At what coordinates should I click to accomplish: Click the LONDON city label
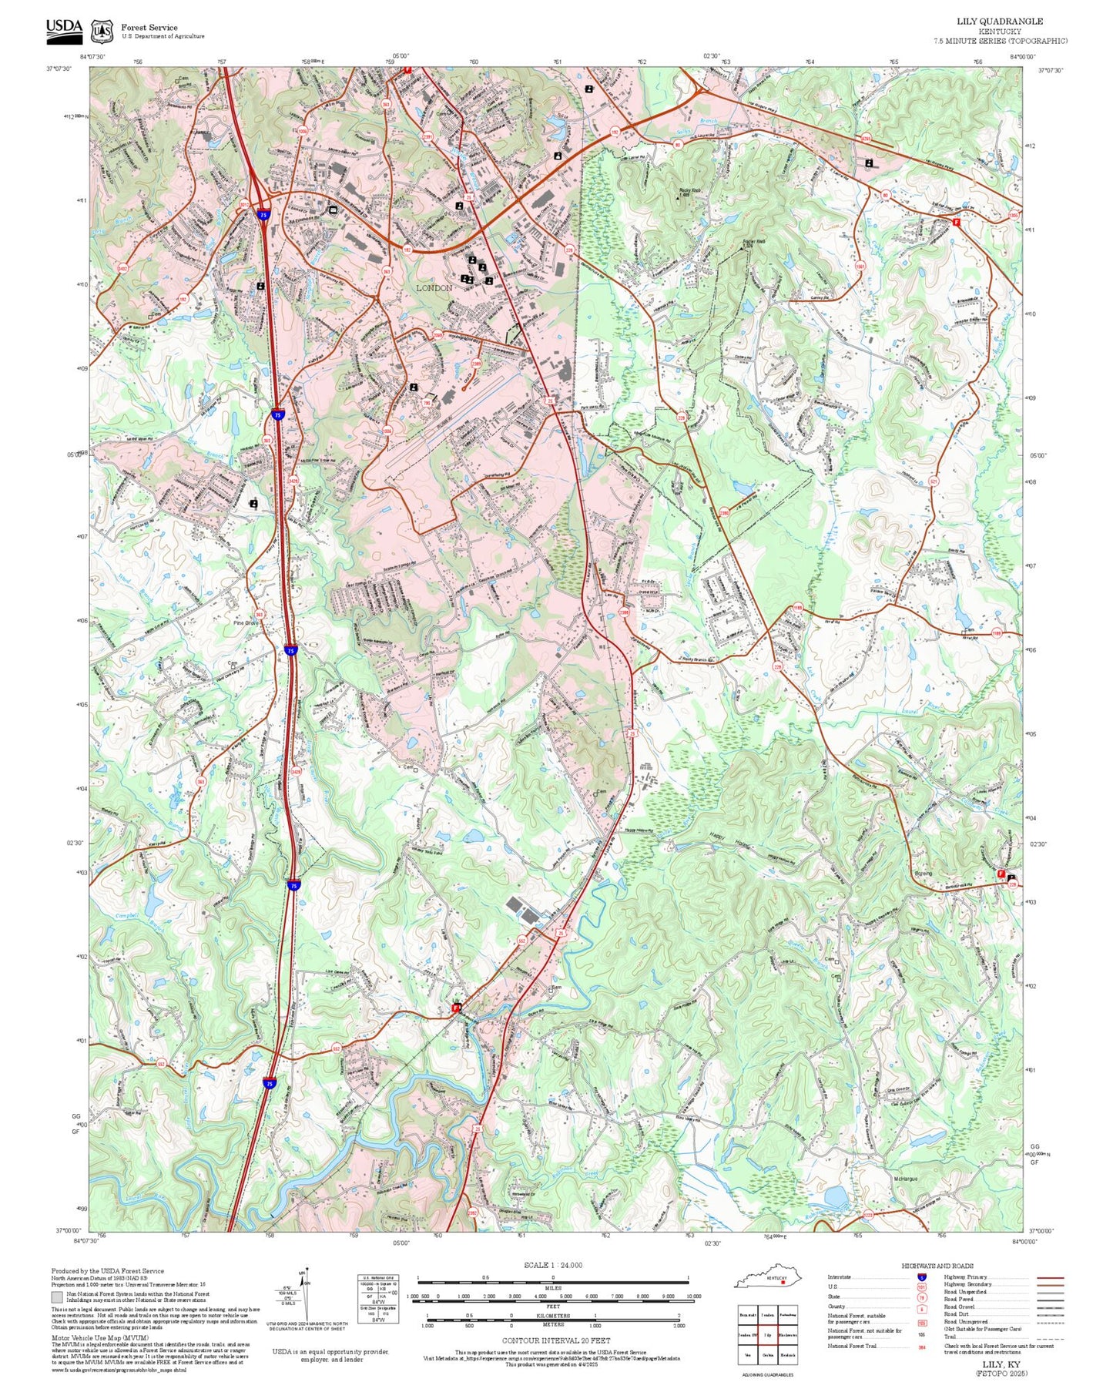coord(434,288)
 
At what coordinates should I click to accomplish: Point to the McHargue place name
coord(907,1179)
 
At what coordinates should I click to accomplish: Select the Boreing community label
coord(923,874)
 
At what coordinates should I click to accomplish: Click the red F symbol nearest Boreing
coord(1001,874)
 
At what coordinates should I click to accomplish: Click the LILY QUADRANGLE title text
coord(1000,22)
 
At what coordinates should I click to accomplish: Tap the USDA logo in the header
coord(64,29)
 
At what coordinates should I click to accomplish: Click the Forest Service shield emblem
coord(102,31)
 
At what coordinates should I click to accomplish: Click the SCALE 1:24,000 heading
coord(553,1265)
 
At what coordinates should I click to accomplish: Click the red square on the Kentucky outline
coord(783,1284)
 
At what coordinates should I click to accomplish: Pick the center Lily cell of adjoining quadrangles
coord(768,1334)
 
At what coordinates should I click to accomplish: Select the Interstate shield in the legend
coord(921,1277)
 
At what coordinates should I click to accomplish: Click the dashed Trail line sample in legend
coord(1050,1338)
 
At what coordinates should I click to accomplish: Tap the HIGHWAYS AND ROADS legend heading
coord(937,1266)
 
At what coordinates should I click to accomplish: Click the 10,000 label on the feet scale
coord(693,1296)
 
